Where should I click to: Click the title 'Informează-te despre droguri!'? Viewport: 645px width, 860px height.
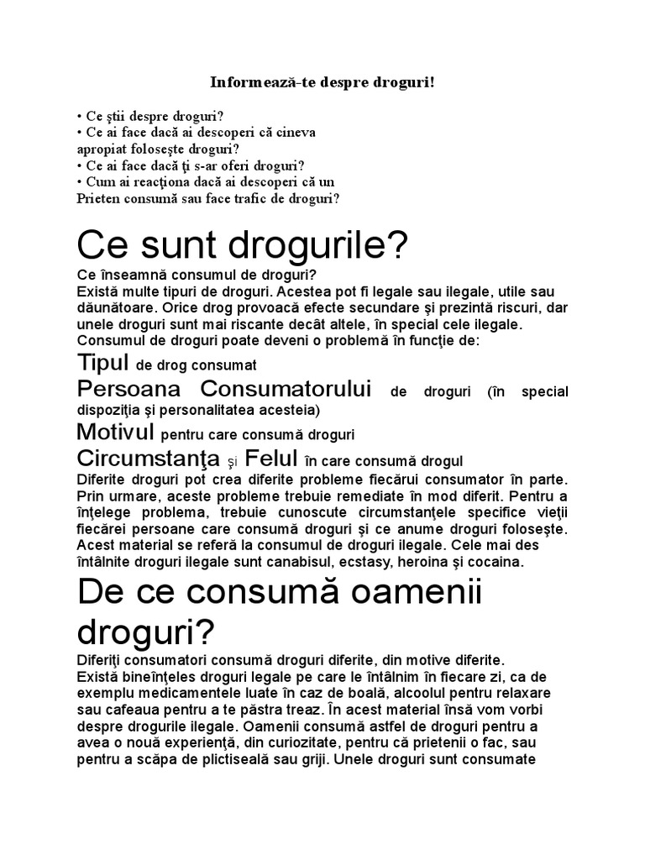point(322,83)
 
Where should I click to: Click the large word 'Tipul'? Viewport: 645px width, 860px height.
point(102,364)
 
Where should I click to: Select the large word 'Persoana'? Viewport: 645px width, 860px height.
point(130,391)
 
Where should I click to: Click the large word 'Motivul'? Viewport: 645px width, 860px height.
point(115,433)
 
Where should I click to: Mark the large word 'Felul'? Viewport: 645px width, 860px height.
point(271,460)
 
